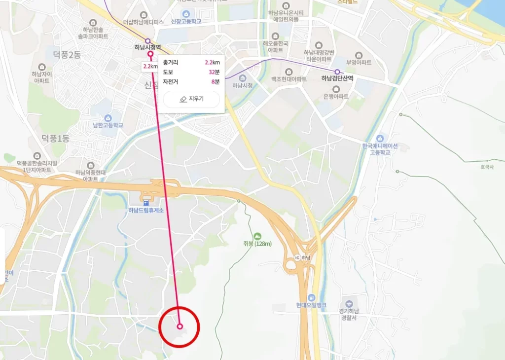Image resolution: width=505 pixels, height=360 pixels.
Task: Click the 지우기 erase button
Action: click(x=191, y=99)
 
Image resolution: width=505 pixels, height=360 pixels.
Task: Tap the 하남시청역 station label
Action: click(x=147, y=48)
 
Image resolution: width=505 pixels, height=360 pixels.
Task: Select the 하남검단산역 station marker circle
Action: click(x=337, y=72)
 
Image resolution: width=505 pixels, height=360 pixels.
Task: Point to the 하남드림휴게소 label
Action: click(x=145, y=210)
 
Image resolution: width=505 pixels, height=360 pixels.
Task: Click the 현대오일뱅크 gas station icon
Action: click(x=312, y=298)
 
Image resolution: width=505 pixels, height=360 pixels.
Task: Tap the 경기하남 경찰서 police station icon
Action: click(x=349, y=303)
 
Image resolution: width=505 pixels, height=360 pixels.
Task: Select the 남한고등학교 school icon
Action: click(x=108, y=118)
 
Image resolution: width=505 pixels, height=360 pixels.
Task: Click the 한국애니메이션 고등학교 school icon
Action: click(x=380, y=138)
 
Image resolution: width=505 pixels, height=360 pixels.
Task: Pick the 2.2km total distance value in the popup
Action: click(x=212, y=63)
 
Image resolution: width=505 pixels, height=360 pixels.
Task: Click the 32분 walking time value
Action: click(x=214, y=72)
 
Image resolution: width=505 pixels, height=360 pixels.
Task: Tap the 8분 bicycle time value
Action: click(x=215, y=81)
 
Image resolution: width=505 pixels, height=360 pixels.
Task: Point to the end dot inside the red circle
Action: click(x=180, y=326)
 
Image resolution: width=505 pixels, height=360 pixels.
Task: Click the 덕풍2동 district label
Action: click(x=68, y=55)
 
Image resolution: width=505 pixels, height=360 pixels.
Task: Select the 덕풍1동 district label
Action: click(x=55, y=139)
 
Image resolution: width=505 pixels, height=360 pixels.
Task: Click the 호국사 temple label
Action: click(x=487, y=167)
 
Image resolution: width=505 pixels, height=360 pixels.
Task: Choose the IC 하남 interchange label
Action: click(x=303, y=258)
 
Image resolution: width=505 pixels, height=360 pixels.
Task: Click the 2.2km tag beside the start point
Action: click(x=150, y=66)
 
